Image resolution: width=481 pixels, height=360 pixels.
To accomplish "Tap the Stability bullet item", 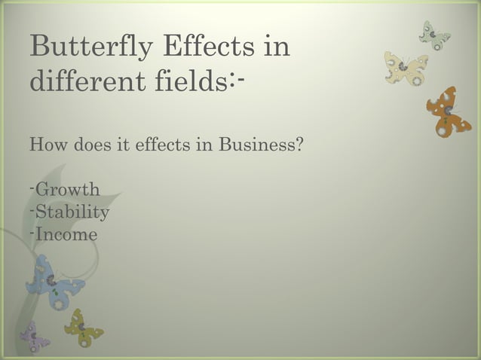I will [72, 212].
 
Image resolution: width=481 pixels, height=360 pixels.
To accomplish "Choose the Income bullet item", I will [66, 234].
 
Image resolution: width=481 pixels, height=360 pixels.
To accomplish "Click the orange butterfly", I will [448, 111].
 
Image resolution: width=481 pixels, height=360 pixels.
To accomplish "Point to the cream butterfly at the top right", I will [406, 69].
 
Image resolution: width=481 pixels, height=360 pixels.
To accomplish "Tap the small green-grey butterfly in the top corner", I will [435, 35].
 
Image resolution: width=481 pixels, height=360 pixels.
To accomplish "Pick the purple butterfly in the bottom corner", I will [33, 336].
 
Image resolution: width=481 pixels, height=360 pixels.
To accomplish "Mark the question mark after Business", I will [299, 143].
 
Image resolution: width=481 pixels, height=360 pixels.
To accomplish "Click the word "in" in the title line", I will [274, 46].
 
